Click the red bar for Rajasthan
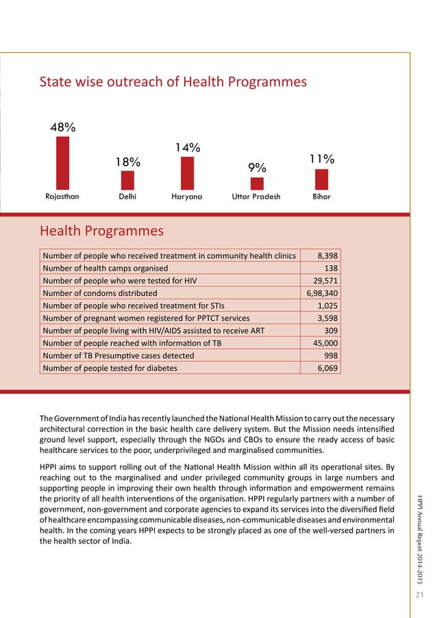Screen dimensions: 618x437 pyautogui.click(x=62, y=163)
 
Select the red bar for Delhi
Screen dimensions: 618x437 pyautogui.click(x=127, y=180)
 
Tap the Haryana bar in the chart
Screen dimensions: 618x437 pyautogui.click(x=187, y=173)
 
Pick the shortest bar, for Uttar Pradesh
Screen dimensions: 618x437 pyautogui.click(x=257, y=184)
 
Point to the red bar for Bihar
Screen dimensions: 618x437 pyautogui.click(x=321, y=179)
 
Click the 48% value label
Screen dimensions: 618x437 pyautogui.click(x=62, y=127)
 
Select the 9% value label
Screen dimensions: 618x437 pyautogui.click(x=257, y=168)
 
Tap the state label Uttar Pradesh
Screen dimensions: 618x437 pyautogui.click(x=257, y=196)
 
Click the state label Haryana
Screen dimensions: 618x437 pyautogui.click(x=187, y=196)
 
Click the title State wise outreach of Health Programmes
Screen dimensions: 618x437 pyautogui.click(x=173, y=82)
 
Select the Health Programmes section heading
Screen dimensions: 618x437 pyautogui.click(x=101, y=231)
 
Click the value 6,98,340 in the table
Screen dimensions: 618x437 pyautogui.click(x=323, y=293)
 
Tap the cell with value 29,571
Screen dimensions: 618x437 pyautogui.click(x=325, y=281)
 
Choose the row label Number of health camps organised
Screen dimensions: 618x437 pyautogui.click(x=105, y=269)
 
